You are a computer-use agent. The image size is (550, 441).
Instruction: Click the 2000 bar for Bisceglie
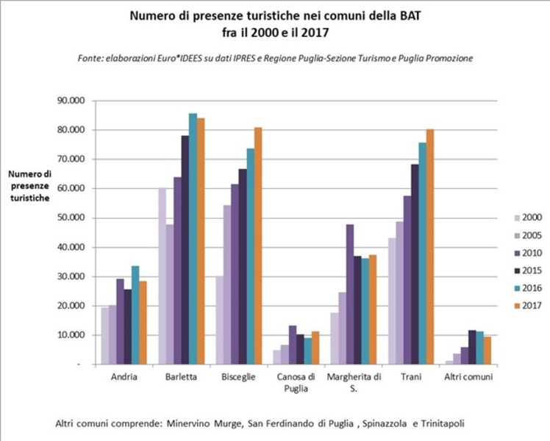(218, 320)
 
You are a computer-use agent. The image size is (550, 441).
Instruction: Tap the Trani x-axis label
(413, 377)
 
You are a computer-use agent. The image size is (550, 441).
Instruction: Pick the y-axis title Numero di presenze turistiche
(31, 186)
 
